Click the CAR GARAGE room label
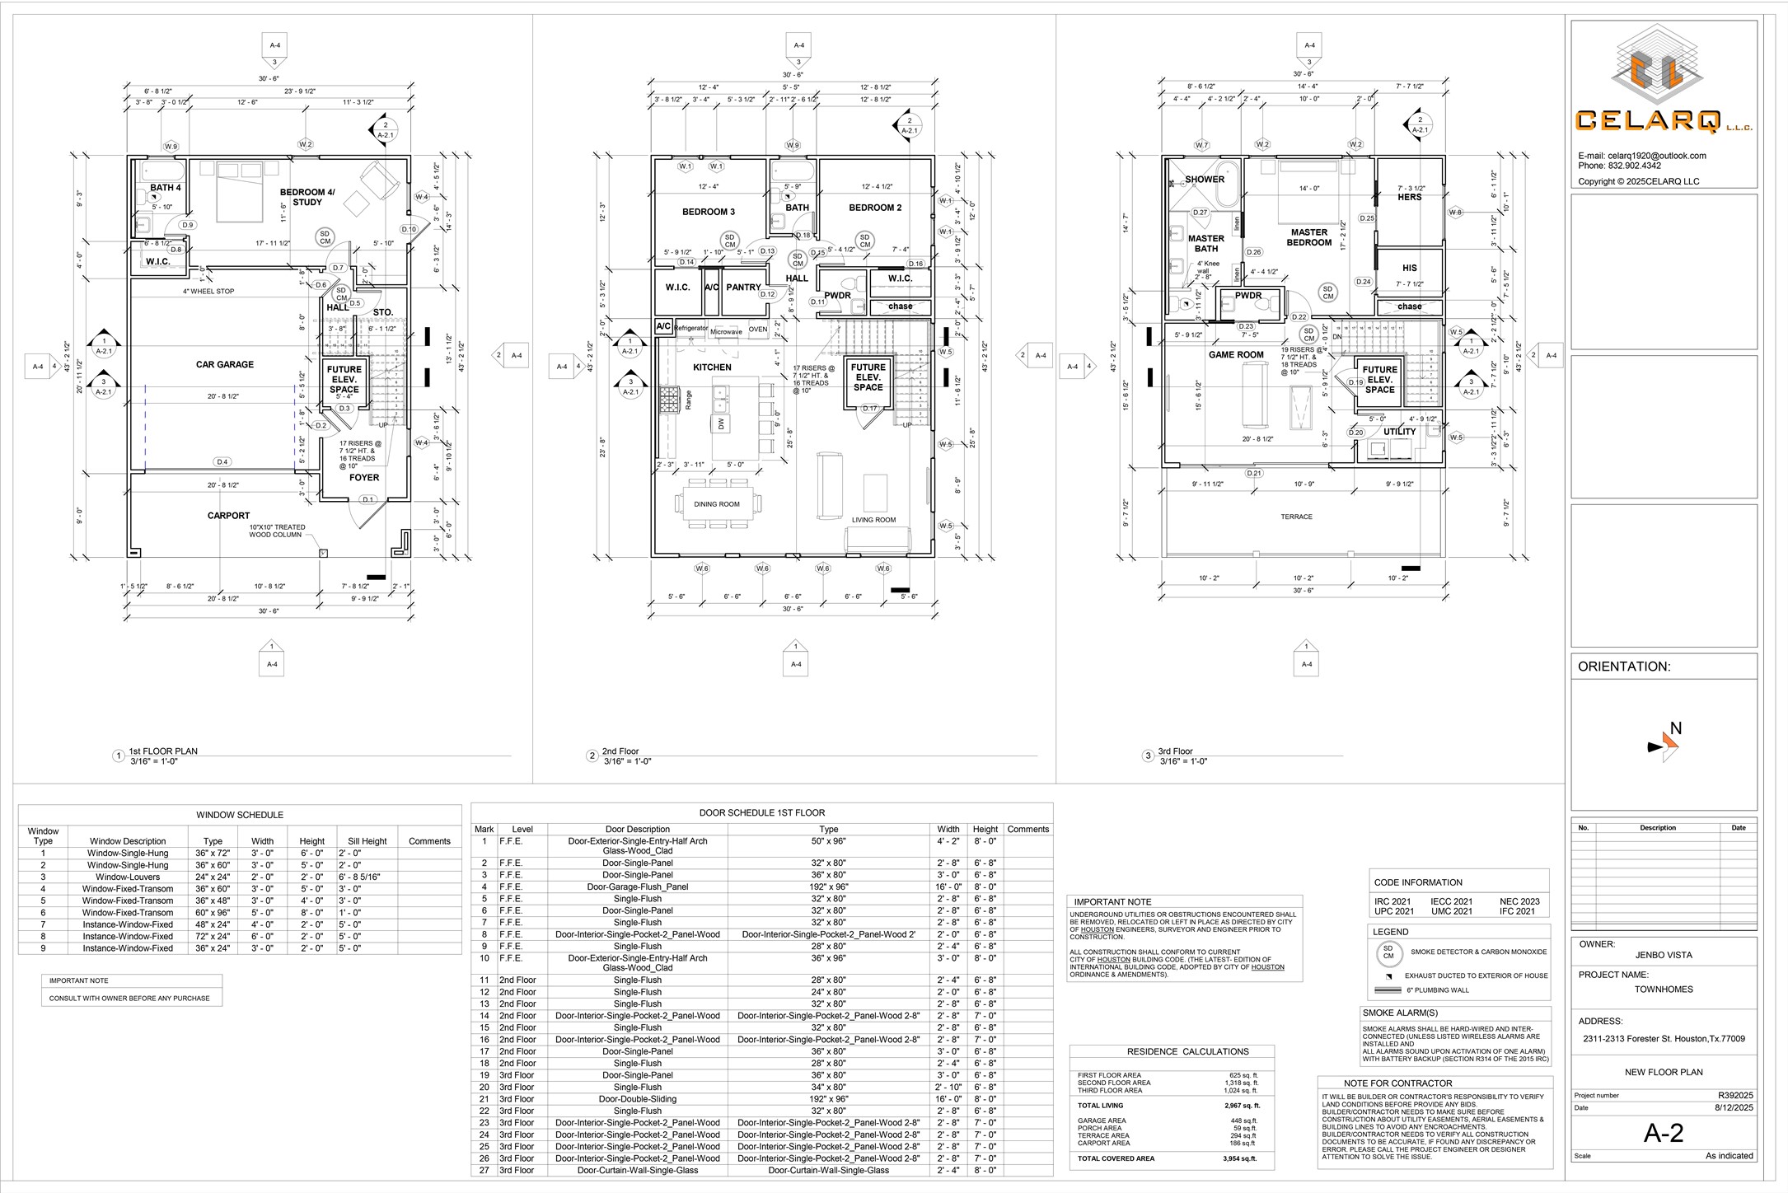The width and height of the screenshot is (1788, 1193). pos(224,364)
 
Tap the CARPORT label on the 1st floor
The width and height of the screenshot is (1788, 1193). pos(228,516)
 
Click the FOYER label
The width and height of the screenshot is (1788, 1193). pos(364,478)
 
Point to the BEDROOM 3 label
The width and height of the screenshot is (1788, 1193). pos(709,212)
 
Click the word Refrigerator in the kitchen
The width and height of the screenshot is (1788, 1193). pos(690,328)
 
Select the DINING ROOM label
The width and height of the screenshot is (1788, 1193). pos(717,504)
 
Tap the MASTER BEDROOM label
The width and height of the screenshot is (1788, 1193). pos(1308,237)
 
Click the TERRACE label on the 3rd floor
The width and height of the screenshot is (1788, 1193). pos(1296,517)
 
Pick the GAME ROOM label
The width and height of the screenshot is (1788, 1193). pos(1236,355)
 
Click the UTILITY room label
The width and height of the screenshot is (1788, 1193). pos(1399,432)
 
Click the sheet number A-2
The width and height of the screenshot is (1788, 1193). pos(1664,1134)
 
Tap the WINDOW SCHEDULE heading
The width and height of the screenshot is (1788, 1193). pos(240,815)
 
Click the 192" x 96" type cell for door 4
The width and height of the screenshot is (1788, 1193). pos(829,887)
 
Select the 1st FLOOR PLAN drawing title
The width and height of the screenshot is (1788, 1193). pos(163,751)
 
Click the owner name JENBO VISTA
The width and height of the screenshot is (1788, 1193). pos(1664,956)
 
